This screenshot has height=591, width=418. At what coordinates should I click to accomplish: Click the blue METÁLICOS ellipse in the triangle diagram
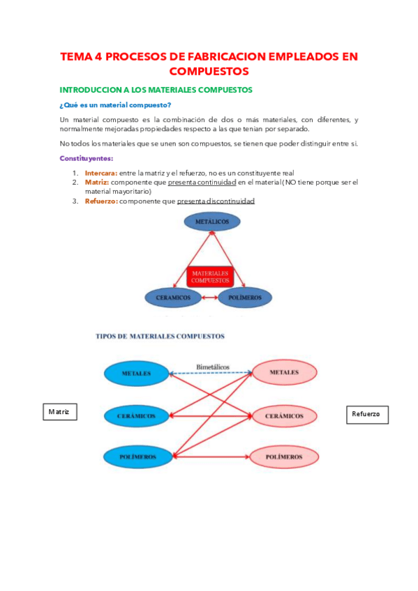[212, 222]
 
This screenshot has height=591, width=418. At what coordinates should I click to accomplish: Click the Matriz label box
[59, 412]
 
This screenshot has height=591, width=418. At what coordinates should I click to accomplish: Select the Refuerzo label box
[366, 414]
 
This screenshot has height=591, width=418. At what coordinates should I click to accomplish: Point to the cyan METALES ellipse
[136, 374]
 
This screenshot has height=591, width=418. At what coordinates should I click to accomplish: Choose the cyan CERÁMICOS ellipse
[136, 415]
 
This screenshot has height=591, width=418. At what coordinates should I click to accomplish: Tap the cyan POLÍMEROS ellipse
[136, 456]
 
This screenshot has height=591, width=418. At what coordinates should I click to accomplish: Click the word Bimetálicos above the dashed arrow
[213, 366]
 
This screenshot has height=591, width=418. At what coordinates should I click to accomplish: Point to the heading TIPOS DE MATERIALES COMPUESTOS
[160, 336]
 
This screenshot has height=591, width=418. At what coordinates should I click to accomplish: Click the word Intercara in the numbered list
[101, 172]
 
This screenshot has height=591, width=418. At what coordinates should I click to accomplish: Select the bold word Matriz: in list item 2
[97, 182]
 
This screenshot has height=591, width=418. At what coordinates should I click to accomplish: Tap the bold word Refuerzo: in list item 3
[101, 201]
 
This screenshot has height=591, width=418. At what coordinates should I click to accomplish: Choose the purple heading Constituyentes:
[86, 158]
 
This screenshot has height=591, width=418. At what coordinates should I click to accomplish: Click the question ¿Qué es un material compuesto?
[116, 105]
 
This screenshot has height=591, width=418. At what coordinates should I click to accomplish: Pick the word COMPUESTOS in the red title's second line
[209, 71]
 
